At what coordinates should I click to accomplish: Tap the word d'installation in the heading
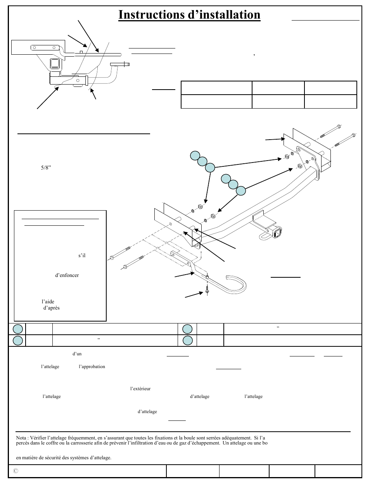224,15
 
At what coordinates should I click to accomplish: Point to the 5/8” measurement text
46,168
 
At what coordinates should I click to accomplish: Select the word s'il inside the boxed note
82,255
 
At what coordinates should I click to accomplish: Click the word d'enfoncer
67,275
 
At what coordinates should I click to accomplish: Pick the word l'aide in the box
48,301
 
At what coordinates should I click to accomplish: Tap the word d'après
52,308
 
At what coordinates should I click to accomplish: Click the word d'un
77,354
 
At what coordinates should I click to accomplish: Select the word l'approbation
92,367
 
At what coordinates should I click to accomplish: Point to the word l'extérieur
140,389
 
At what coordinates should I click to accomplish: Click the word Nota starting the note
21,438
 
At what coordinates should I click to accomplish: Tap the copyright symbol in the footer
16,471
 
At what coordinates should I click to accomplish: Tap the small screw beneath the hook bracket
207,290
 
